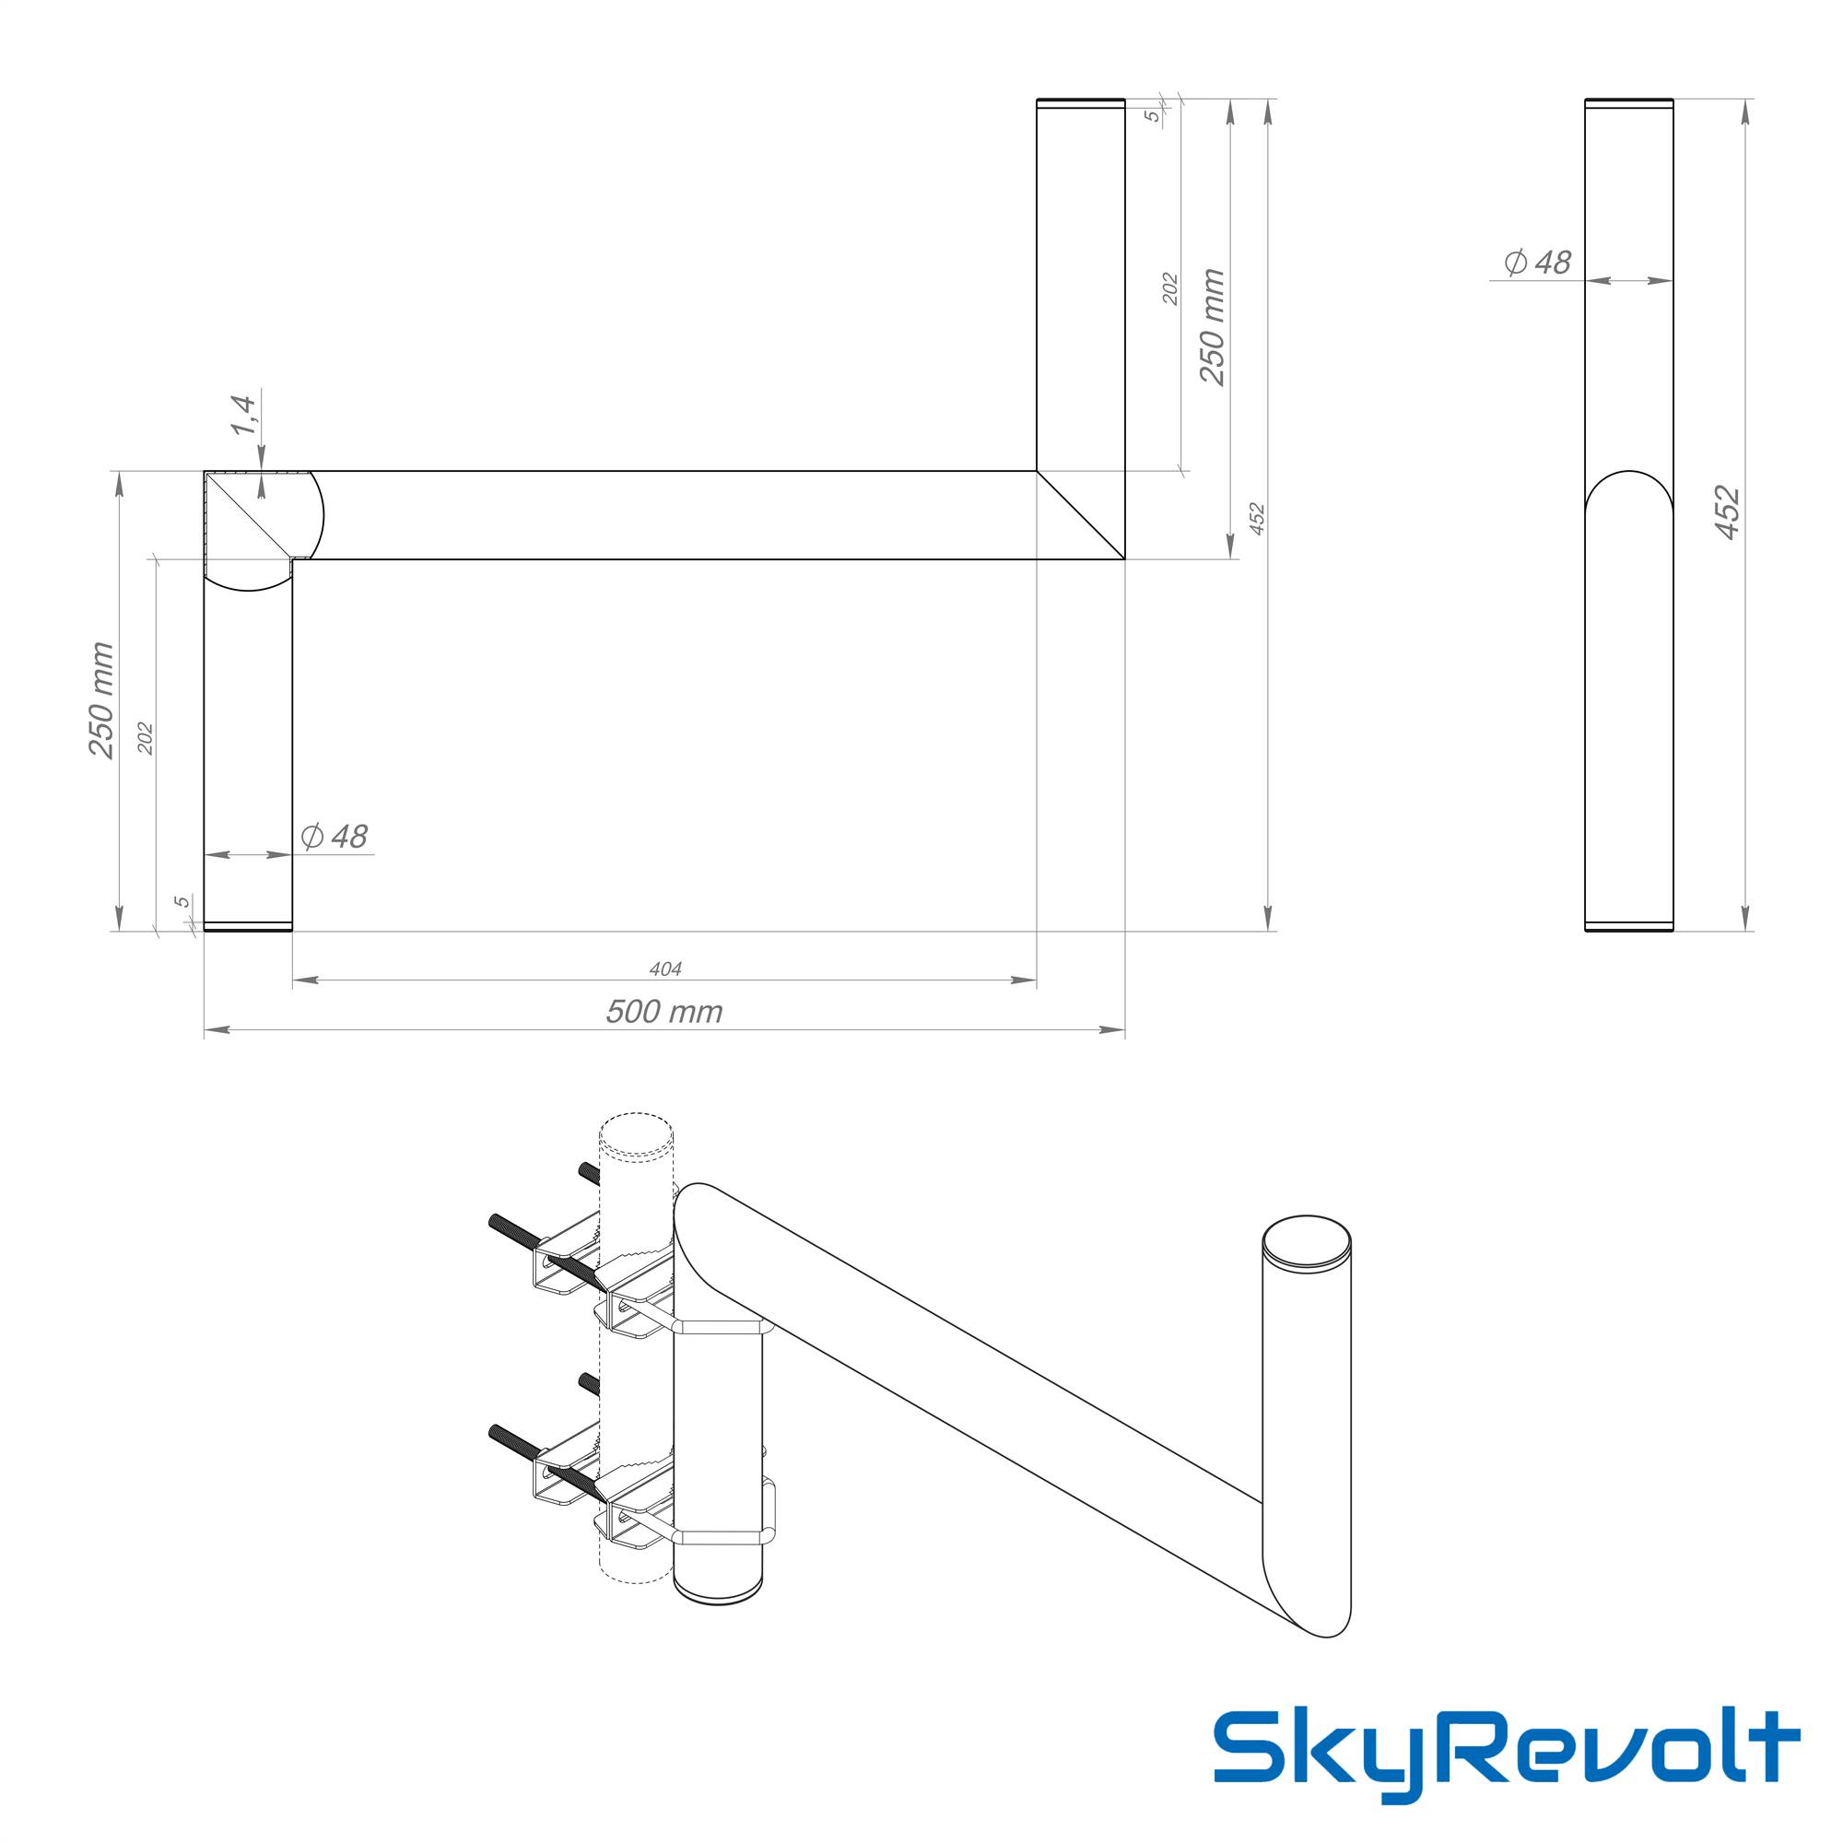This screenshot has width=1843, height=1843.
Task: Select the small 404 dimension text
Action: click(665, 969)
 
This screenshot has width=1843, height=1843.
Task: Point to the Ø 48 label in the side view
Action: click(1537, 262)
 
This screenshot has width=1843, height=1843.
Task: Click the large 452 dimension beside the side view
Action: click(1728, 513)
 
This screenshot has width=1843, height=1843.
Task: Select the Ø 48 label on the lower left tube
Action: click(334, 837)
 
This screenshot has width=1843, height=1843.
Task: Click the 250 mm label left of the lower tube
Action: click(101, 700)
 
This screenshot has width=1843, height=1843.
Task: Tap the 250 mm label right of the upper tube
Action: click(1212, 326)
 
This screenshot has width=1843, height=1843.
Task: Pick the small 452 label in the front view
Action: click(1256, 518)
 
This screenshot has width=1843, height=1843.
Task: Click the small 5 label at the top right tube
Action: click(1153, 115)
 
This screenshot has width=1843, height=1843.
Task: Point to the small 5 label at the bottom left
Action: click(181, 901)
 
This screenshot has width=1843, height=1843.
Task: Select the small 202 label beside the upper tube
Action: click(1170, 289)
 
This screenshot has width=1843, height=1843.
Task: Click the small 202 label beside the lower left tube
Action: click(145, 739)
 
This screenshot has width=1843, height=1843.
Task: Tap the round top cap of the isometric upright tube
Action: click(1306, 1243)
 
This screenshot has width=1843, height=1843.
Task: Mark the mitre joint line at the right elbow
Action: click(1081, 514)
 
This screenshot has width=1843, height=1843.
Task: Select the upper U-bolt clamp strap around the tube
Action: click(717, 1325)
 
